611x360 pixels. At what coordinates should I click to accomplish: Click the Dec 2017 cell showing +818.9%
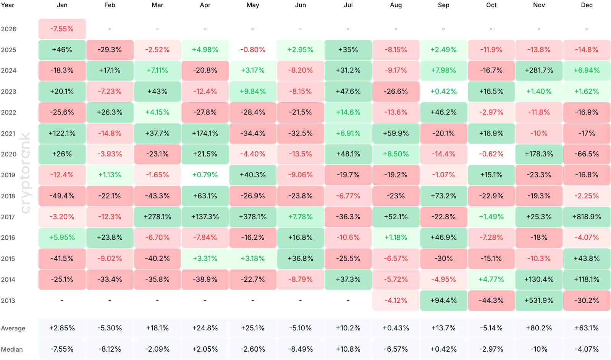pyautogui.click(x=587, y=217)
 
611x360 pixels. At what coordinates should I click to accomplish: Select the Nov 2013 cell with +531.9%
pyautogui.click(x=539, y=300)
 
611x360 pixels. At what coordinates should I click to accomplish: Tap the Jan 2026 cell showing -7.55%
pyautogui.click(x=62, y=29)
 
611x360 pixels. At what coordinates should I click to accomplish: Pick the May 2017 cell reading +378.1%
pyautogui.click(x=253, y=217)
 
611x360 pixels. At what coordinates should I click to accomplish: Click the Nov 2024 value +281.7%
pyautogui.click(x=539, y=71)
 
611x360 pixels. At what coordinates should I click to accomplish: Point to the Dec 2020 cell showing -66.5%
pyautogui.click(x=587, y=154)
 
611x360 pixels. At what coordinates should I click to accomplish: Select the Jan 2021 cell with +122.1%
pyautogui.click(x=62, y=133)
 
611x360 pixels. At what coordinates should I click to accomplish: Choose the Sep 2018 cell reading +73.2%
pyautogui.click(x=443, y=196)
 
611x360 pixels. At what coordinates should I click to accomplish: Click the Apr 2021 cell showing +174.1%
pyautogui.click(x=205, y=133)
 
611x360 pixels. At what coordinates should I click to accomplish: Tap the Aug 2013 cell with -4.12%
pyautogui.click(x=396, y=300)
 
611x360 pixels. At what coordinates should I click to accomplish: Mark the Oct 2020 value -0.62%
pyautogui.click(x=491, y=154)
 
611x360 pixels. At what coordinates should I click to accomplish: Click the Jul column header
pyautogui.click(x=348, y=5)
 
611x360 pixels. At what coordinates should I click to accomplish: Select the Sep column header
pyautogui.click(x=443, y=5)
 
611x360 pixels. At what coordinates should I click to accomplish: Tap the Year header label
pyautogui.click(x=7, y=5)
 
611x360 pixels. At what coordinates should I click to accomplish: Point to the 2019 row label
pyautogui.click(x=8, y=175)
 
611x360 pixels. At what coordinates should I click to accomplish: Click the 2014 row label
pyautogui.click(x=8, y=279)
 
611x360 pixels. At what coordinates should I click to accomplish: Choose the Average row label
pyautogui.click(x=13, y=328)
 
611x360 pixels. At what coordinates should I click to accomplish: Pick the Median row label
pyautogui.click(x=12, y=349)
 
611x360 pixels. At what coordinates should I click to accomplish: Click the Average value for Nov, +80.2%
pyautogui.click(x=539, y=328)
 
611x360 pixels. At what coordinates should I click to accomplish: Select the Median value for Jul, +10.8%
pyautogui.click(x=348, y=349)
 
